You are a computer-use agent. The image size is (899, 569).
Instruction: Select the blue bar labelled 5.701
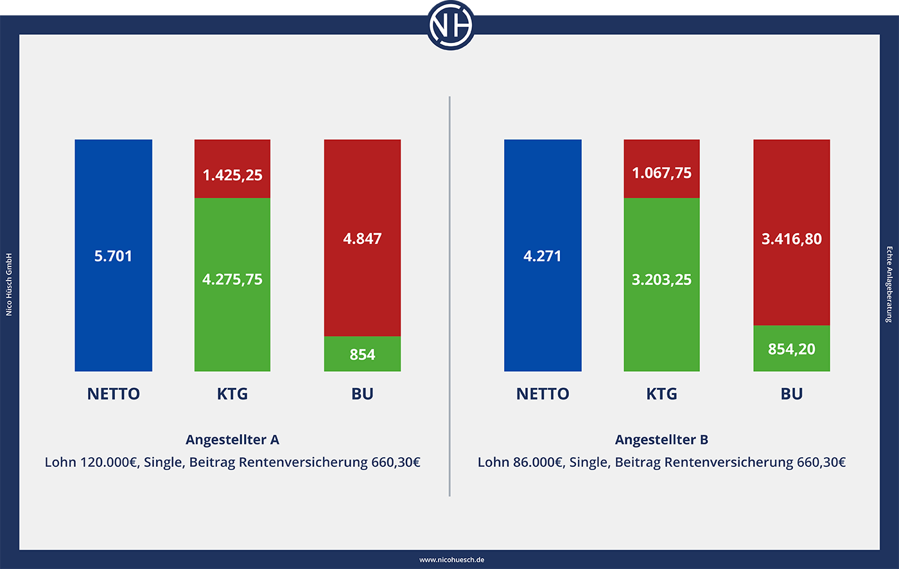click(114, 256)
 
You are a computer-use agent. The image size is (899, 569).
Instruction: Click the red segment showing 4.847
click(362, 238)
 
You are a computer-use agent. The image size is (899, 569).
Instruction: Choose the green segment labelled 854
click(362, 354)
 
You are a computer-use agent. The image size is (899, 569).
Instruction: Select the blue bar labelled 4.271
click(543, 256)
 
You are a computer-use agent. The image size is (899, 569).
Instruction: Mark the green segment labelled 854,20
click(791, 349)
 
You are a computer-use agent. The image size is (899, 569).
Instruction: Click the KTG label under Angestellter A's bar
click(232, 394)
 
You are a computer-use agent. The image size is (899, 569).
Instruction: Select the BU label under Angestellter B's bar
click(791, 394)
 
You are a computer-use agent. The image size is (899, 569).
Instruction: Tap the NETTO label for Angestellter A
click(114, 394)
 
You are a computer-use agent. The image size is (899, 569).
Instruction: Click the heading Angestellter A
click(232, 440)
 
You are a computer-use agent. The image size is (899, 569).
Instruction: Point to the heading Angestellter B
click(661, 440)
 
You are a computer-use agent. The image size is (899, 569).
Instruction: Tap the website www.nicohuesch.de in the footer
click(451, 560)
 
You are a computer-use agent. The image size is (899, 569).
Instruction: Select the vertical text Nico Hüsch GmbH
click(9, 284)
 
